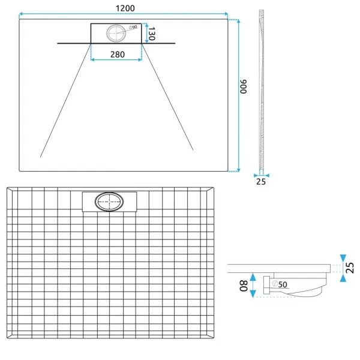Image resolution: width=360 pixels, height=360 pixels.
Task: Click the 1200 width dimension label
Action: point(125,8)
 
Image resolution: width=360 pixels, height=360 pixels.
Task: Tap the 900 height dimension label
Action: point(244,86)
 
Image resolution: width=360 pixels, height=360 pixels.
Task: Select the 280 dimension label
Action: point(118,55)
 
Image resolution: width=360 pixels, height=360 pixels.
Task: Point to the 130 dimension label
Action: point(152,34)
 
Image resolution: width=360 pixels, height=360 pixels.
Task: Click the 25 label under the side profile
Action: point(261,182)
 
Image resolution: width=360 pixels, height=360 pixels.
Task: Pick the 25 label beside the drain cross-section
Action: point(350,268)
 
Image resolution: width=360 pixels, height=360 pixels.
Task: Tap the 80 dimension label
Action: point(244,286)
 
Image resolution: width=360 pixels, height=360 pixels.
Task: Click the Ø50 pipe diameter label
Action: point(280,284)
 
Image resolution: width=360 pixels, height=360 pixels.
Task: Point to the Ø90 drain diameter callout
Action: point(133,28)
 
